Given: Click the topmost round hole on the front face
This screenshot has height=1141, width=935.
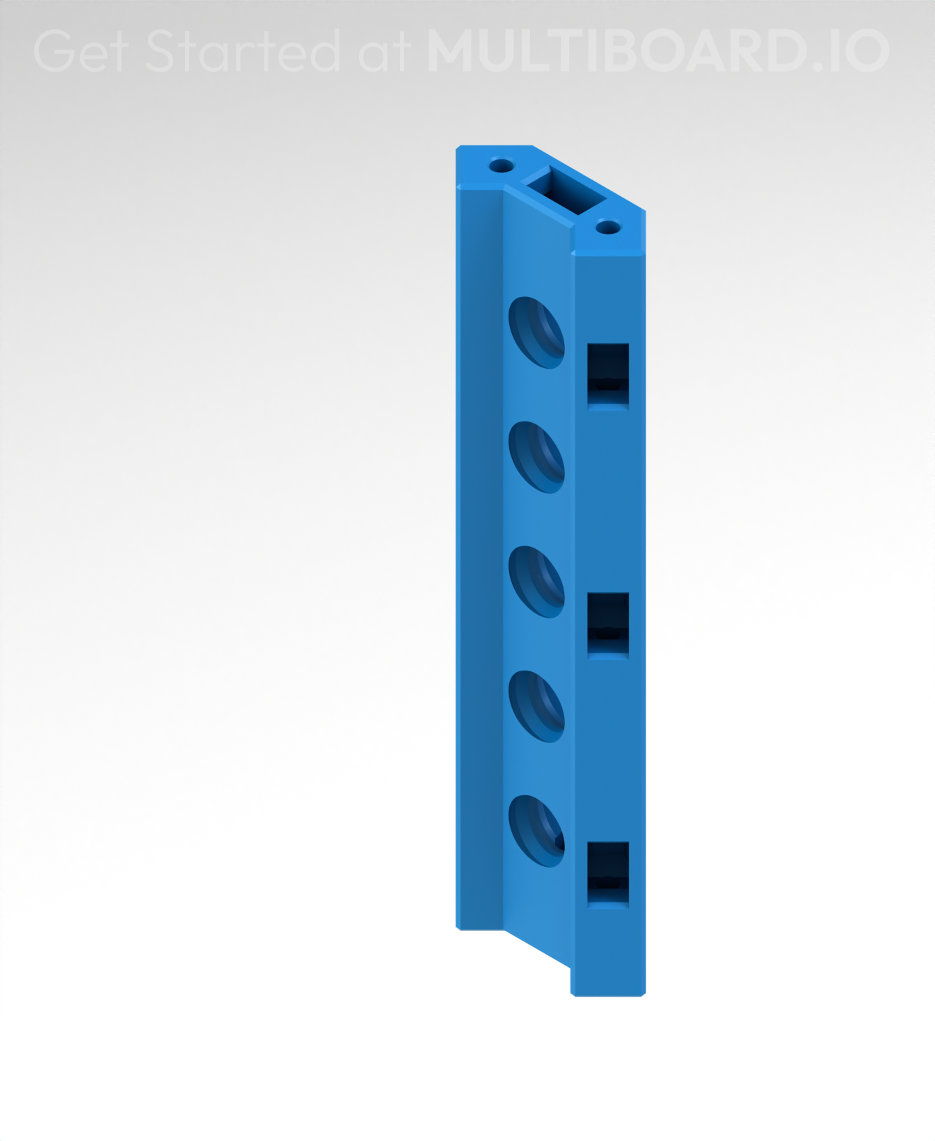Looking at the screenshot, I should [536, 332].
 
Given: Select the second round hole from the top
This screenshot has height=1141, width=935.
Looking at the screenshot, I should [536, 457].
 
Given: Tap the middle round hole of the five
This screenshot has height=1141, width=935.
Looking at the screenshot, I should [536, 582].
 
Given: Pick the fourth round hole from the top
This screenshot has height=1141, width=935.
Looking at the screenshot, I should [536, 706].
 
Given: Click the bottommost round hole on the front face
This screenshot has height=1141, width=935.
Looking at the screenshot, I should [536, 831].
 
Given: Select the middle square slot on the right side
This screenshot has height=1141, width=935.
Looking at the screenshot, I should [608, 624].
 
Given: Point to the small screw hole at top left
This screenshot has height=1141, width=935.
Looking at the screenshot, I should [501, 166].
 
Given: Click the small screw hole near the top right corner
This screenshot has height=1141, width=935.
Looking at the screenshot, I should [609, 227].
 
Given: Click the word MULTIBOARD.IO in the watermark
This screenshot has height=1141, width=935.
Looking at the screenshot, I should [657, 51].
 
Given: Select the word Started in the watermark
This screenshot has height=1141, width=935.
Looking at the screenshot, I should [243, 51].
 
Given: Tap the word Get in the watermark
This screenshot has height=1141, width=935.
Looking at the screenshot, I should [79, 51].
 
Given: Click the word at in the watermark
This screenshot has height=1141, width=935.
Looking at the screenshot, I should [383, 51].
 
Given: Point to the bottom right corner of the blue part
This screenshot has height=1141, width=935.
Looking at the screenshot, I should [644, 994].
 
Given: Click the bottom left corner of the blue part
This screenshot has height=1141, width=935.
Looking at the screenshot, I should [458, 927].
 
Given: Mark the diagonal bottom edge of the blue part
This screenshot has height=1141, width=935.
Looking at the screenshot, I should [536, 948].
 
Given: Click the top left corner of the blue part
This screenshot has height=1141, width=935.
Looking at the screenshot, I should [458, 148].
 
